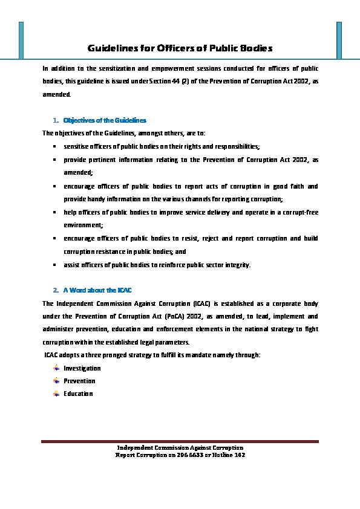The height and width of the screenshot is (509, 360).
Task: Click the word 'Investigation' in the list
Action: point(82,368)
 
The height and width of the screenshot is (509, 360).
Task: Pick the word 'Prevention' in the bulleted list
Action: point(79,381)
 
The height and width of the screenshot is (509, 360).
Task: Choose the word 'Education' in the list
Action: point(78,394)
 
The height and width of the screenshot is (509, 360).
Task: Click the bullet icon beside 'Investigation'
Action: point(56,368)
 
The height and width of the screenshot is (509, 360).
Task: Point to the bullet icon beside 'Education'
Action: point(56,394)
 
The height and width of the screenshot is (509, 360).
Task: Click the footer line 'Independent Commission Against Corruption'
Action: point(180,447)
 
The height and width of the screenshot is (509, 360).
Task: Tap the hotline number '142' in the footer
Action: point(240,454)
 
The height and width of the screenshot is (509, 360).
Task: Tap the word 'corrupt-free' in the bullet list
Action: point(301,212)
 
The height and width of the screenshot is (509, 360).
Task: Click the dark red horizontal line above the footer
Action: point(180,442)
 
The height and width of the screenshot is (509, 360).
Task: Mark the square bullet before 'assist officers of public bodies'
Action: point(55,265)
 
